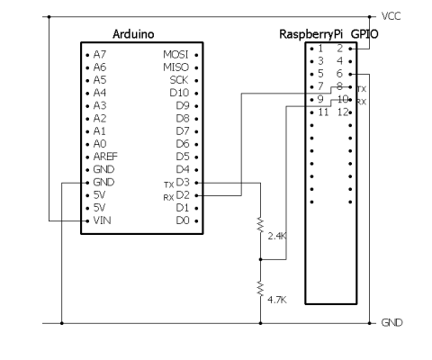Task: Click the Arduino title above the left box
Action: (133, 34)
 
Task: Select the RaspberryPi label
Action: (310, 35)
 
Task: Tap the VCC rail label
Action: (391, 16)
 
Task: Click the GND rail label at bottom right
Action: (391, 323)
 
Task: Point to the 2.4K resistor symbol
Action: (260, 225)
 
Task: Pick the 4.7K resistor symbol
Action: (260, 289)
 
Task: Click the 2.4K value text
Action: (277, 237)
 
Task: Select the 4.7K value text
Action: (277, 300)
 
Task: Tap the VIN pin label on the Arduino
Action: (102, 220)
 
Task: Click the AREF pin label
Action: (105, 157)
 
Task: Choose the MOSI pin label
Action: (175, 55)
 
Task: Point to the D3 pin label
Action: (183, 183)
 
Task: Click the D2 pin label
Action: (183, 195)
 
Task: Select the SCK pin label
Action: (179, 80)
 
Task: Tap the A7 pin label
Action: (100, 55)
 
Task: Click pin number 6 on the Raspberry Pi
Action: (339, 74)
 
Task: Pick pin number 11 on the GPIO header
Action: (323, 112)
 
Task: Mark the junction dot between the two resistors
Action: (260, 259)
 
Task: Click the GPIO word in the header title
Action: (364, 34)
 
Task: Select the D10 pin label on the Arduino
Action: (179, 93)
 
